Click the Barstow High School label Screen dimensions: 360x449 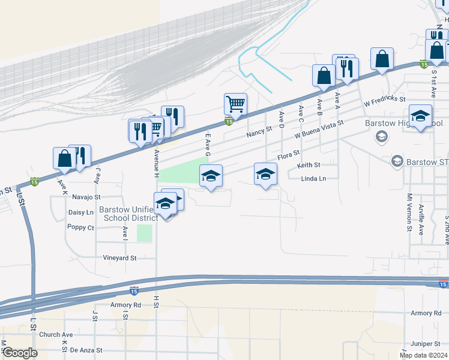(395, 124)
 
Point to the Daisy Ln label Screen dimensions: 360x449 (81, 212)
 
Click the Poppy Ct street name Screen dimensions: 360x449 (81, 227)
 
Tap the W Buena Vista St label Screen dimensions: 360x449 (318, 127)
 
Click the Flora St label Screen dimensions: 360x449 (288, 155)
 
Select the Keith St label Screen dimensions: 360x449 (309, 164)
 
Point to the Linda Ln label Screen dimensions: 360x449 (313, 179)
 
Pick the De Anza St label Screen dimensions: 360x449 (86, 350)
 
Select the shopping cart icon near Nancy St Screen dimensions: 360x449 (235, 104)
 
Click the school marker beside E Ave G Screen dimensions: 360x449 (211, 176)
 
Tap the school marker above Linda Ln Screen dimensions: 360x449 (265, 175)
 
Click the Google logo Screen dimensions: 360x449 (20, 353)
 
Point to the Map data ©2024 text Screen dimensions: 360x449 (423, 355)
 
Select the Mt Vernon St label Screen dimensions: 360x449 (409, 212)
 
